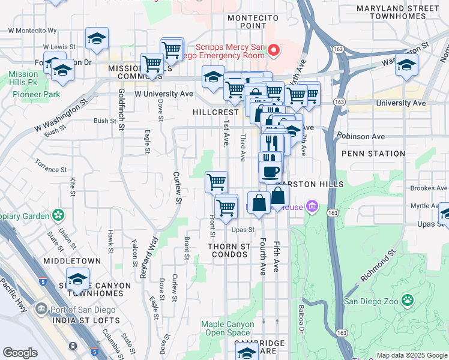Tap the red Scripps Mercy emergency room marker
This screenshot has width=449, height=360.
pyautogui.click(x=274, y=50)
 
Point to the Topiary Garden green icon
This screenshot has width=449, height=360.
pyautogui.click(x=58, y=214)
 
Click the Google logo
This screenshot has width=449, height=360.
pyautogui.click(x=20, y=352)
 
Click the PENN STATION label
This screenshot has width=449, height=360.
pyautogui.click(x=373, y=154)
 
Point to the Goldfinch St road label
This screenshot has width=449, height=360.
pyautogui.click(x=121, y=109)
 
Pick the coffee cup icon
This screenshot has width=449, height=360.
pyautogui.click(x=270, y=171)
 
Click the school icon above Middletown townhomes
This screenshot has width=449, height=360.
pyautogui.click(x=77, y=279)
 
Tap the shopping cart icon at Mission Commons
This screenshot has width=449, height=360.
pyautogui.click(x=152, y=63)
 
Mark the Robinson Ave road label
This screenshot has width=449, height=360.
pyautogui.click(x=360, y=136)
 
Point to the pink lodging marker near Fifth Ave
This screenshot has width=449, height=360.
pyautogui.click(x=312, y=208)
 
